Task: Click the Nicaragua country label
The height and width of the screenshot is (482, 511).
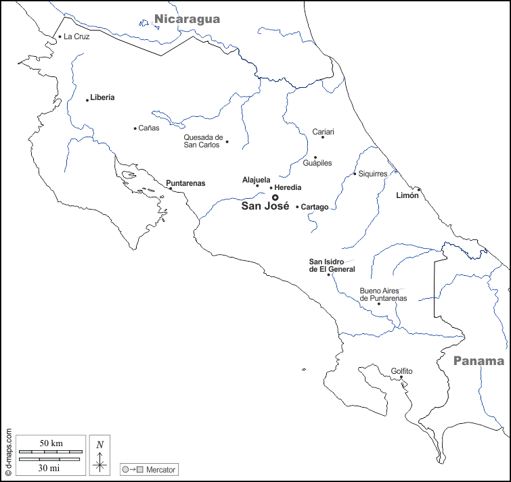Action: pos(187,19)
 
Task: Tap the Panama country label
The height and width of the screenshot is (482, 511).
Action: pos(479,360)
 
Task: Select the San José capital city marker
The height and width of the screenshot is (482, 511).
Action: pos(275,197)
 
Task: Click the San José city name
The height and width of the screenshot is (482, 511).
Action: pos(265,207)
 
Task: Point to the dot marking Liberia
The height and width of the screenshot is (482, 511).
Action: pos(87,100)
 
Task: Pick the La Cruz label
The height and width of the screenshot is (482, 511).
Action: pos(76,37)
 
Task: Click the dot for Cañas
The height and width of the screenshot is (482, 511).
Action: pos(135,128)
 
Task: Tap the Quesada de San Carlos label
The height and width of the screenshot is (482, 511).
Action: pos(203,141)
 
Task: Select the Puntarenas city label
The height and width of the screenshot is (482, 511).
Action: pos(185,183)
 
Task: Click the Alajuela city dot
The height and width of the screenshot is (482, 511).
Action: pos(257,186)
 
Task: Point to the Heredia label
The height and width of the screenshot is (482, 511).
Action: pos(288,187)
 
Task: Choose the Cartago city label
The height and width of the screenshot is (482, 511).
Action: pos(315,207)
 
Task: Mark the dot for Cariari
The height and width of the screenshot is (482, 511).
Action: pos(323,137)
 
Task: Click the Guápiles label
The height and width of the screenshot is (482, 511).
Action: pos(317,163)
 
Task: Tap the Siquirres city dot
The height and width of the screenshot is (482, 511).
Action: pos(355,174)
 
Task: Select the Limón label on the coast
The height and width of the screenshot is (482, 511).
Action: pos(407,195)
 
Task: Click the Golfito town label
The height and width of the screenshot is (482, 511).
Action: pos(401,371)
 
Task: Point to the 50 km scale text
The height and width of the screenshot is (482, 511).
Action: pos(51,443)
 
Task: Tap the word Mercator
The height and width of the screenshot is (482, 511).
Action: pos(161,469)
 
